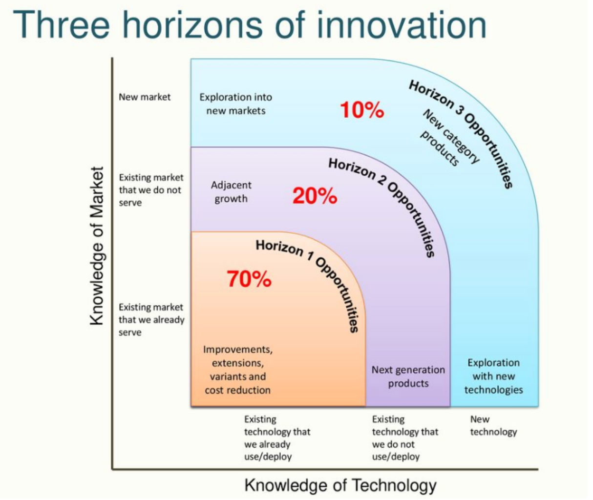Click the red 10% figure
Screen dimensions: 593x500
tap(362, 110)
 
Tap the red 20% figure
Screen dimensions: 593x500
tap(315, 196)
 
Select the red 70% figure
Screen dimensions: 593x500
tap(249, 279)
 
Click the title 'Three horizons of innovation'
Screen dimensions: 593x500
tap(250, 25)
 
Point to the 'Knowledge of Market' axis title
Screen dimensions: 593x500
tap(97, 246)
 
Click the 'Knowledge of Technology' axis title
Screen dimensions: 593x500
tap(340, 485)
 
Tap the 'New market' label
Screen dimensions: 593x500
tap(145, 97)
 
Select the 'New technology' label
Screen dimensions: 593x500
tap(494, 426)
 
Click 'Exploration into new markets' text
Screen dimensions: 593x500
tap(236, 104)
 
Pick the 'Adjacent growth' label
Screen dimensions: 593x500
tap(231, 192)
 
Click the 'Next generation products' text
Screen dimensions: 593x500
tap(408, 377)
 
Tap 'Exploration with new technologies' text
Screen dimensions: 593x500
tap(494, 376)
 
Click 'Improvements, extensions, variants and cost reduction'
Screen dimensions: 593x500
tap(238, 370)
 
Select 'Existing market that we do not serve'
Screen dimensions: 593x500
tap(151, 190)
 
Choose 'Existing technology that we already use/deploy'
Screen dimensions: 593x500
tap(277, 438)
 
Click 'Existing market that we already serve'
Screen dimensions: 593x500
tap(151, 320)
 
